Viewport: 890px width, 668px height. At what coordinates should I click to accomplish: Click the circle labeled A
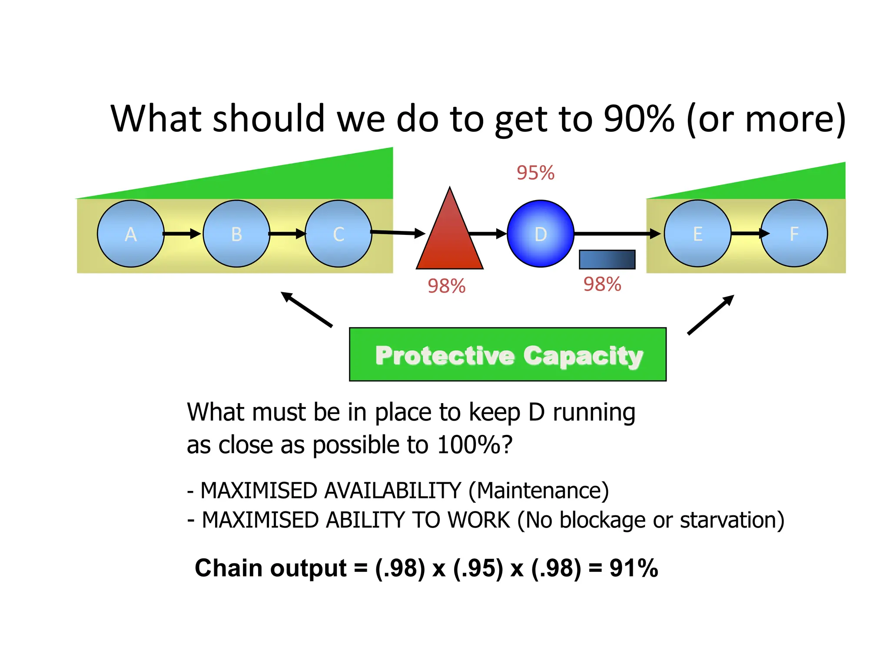click(130, 234)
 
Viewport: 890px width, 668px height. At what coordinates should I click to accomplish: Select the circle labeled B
click(236, 234)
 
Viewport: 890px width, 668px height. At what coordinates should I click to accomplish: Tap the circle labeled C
click(338, 234)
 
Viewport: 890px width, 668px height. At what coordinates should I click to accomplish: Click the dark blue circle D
click(540, 234)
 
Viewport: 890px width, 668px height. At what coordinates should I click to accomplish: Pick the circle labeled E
click(697, 234)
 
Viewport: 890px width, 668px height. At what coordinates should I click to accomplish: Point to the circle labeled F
click(794, 234)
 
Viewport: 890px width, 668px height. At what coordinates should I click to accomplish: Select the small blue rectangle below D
click(607, 259)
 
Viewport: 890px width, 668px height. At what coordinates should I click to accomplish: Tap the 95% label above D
click(535, 173)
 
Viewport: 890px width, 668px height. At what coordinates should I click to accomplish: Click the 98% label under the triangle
click(446, 286)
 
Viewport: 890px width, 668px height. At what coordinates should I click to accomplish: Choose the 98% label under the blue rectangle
click(602, 284)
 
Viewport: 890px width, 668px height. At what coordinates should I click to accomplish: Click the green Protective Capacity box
click(508, 354)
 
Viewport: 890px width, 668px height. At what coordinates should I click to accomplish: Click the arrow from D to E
click(617, 234)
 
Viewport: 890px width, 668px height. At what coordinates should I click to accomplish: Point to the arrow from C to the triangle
click(398, 233)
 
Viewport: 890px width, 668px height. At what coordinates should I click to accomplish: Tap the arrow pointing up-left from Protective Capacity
click(306, 309)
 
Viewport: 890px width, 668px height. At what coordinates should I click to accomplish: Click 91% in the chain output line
click(634, 568)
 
